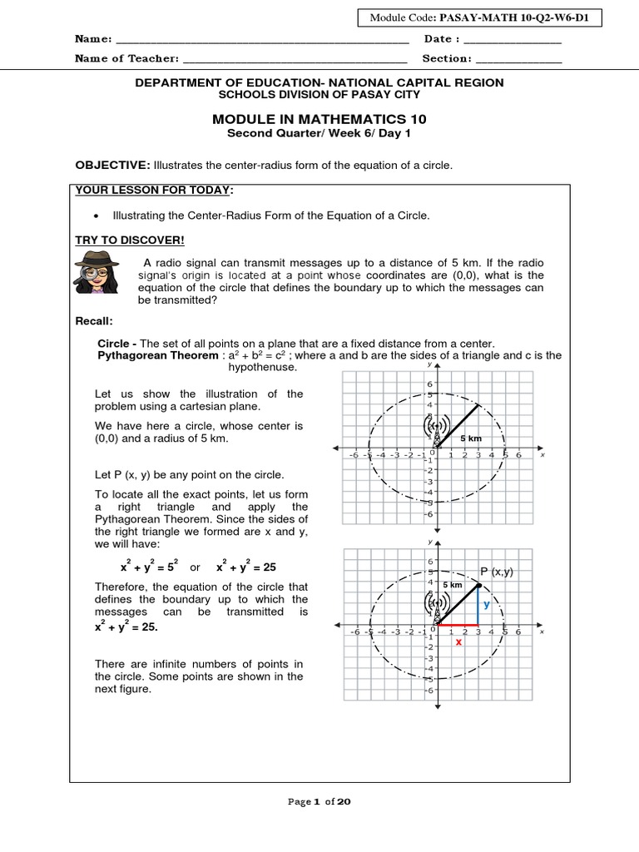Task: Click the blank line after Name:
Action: point(262,39)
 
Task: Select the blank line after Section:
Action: point(518,59)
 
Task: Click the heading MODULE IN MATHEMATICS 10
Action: point(319,120)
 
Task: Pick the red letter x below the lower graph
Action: point(458,641)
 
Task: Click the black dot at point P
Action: point(478,587)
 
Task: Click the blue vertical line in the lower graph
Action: point(478,607)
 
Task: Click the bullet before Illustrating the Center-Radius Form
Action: point(98,216)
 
